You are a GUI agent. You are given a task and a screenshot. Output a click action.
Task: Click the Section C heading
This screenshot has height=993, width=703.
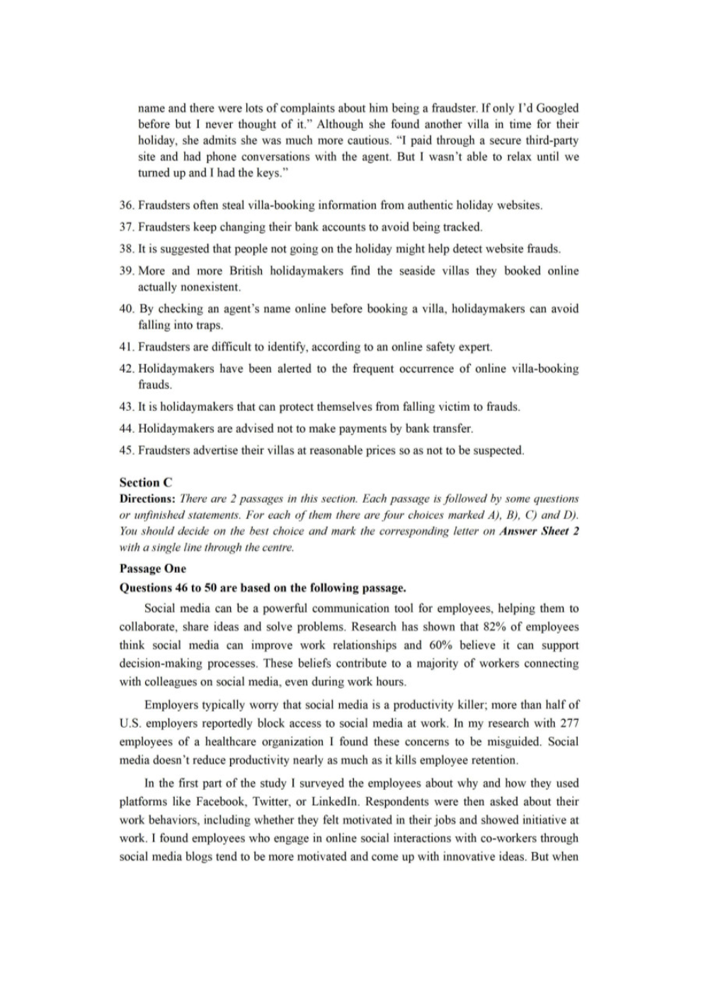tap(146, 482)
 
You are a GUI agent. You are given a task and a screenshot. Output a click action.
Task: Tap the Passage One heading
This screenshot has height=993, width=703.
tap(153, 569)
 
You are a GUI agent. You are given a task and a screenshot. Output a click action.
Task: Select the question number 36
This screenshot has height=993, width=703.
tap(127, 206)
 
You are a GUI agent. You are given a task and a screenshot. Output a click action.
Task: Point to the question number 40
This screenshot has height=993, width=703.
tap(127, 309)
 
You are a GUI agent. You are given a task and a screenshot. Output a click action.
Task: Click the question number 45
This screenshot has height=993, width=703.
tap(127, 451)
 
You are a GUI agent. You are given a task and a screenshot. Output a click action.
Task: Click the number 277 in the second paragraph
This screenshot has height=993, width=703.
tap(569, 723)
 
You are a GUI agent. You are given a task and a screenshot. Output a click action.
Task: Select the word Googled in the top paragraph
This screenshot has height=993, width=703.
tap(557, 108)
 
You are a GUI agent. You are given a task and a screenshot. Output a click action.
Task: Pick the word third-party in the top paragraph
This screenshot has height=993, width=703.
tap(551, 141)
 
